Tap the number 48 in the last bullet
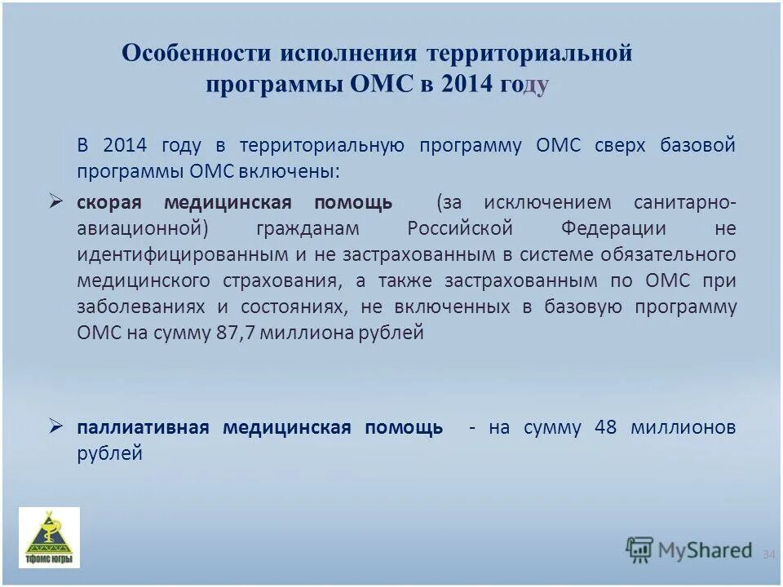click(x=606, y=427)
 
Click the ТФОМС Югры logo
click(x=50, y=537)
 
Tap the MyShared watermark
click(x=689, y=549)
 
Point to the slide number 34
click(x=768, y=554)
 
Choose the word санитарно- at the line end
click(x=684, y=202)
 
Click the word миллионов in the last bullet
click(x=683, y=427)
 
